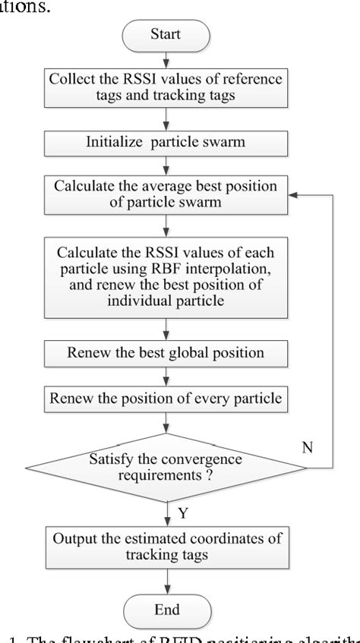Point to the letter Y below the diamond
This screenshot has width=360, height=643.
pos(182,514)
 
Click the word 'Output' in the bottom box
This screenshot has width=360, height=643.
pos(77,539)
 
